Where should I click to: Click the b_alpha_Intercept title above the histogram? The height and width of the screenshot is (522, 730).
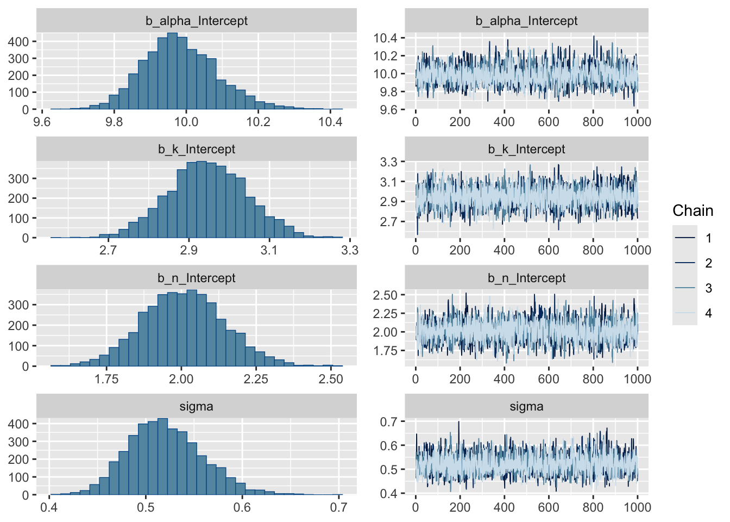(x=197, y=21)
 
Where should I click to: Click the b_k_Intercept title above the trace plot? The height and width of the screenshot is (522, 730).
(x=526, y=149)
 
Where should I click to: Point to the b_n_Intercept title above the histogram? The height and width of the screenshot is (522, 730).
(x=197, y=278)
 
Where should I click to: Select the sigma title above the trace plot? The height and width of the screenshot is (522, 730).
(x=526, y=406)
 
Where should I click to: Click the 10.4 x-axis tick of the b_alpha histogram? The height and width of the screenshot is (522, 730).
(x=330, y=121)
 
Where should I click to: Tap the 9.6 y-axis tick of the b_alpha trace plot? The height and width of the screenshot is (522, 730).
(x=386, y=110)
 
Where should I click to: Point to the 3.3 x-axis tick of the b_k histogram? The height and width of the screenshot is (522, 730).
(x=350, y=250)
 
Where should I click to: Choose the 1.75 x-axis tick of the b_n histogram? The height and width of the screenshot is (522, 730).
(x=106, y=379)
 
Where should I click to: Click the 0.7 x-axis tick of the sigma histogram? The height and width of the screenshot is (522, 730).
(x=338, y=507)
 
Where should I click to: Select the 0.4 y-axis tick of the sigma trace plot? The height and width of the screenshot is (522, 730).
(x=389, y=494)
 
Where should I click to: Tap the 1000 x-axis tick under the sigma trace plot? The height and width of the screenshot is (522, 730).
(x=637, y=507)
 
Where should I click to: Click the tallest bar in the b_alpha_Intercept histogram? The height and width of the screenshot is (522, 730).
(x=172, y=71)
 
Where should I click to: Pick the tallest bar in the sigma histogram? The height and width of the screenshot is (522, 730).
(x=162, y=457)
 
